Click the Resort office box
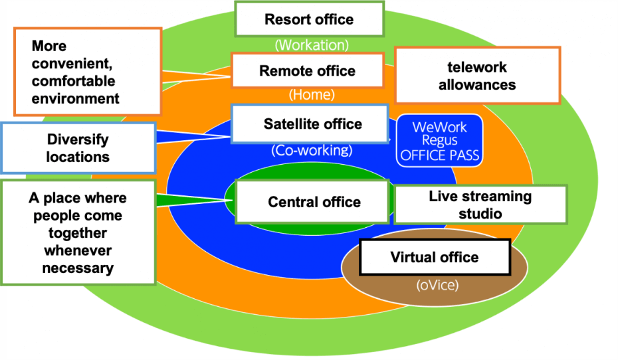[309, 19]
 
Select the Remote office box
[307, 71]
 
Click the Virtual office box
[435, 257]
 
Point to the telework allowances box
[477, 76]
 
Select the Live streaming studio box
[480, 205]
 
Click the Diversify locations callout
[78, 148]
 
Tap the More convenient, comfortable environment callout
[87, 72]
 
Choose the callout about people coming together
[78, 232]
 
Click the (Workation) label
[312, 45]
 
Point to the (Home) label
[312, 95]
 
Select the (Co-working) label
[312, 150]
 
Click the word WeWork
[439, 127]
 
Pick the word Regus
[439, 141]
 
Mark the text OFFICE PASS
[439, 157]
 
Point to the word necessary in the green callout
[78, 268]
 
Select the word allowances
[477, 84]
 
